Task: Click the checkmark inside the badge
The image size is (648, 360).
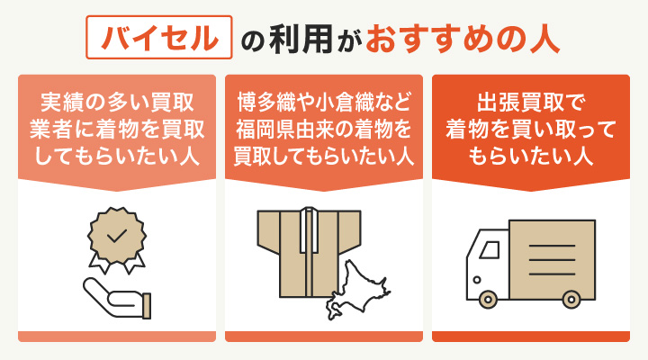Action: click(117, 236)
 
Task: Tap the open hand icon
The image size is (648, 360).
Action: click(117, 298)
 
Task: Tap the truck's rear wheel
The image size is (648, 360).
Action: click(569, 298)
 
